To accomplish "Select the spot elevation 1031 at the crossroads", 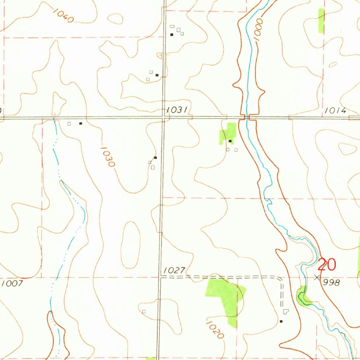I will [176, 110].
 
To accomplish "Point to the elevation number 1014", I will [335, 110].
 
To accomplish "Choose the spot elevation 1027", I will [174, 270].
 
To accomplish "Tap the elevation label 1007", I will [12, 283].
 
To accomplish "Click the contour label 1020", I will [215, 330].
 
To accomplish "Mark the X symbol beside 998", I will [317, 277].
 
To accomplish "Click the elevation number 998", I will [332, 282].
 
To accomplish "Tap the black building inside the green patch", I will [230, 141].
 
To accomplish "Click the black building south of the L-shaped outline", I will [281, 321].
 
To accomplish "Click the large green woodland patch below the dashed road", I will [225, 295].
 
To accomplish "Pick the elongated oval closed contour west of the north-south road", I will [130, 245].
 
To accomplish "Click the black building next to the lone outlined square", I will [81, 123].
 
